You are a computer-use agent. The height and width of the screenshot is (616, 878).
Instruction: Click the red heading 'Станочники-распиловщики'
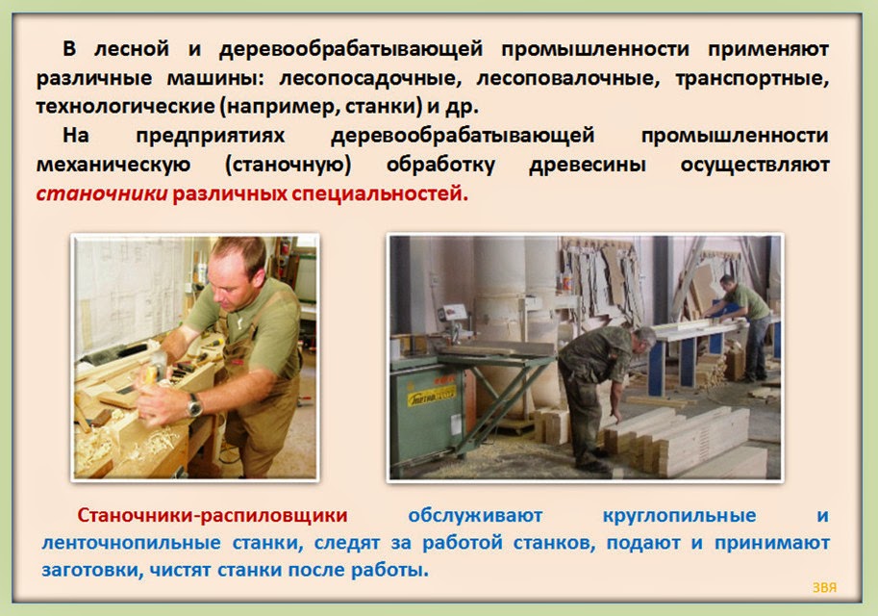tap(213, 515)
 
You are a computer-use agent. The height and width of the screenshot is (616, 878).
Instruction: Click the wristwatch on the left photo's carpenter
tap(194, 406)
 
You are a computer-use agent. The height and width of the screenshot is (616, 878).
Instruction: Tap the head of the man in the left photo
tap(237, 273)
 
